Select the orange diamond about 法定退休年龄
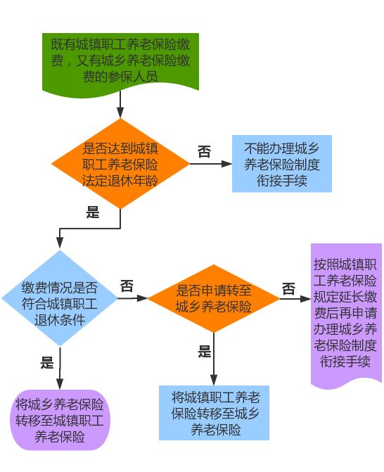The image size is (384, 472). pyautogui.click(x=120, y=163)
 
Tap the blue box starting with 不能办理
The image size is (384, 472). pyautogui.click(x=282, y=163)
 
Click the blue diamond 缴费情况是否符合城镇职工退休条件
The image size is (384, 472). pyautogui.click(x=60, y=298)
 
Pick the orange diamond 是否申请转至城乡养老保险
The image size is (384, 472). pyautogui.click(x=214, y=298)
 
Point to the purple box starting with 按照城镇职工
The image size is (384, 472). pyautogui.click(x=346, y=314)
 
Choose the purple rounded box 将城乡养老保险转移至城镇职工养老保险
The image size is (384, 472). pyautogui.click(x=60, y=420)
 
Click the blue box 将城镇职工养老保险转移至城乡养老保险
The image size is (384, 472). pyautogui.click(x=214, y=413)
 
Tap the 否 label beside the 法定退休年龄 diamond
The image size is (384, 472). pyautogui.click(x=204, y=151)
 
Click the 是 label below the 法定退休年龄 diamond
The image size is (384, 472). pyautogui.click(x=93, y=212)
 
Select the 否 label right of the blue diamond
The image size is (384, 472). pyautogui.click(x=127, y=286)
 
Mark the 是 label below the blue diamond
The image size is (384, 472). pyautogui.click(x=47, y=363)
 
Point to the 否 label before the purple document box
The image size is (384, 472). pyautogui.click(x=288, y=289)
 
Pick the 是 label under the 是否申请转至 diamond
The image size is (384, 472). pyautogui.click(x=205, y=351)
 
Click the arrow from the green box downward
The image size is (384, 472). pyautogui.click(x=120, y=104)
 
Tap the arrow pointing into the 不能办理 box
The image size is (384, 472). pyautogui.click(x=211, y=164)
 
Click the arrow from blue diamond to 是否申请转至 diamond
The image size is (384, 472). pyautogui.click(x=132, y=298)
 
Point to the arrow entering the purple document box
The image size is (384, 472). pyautogui.click(x=295, y=299)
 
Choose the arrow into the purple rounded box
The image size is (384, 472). pyautogui.click(x=60, y=369)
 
